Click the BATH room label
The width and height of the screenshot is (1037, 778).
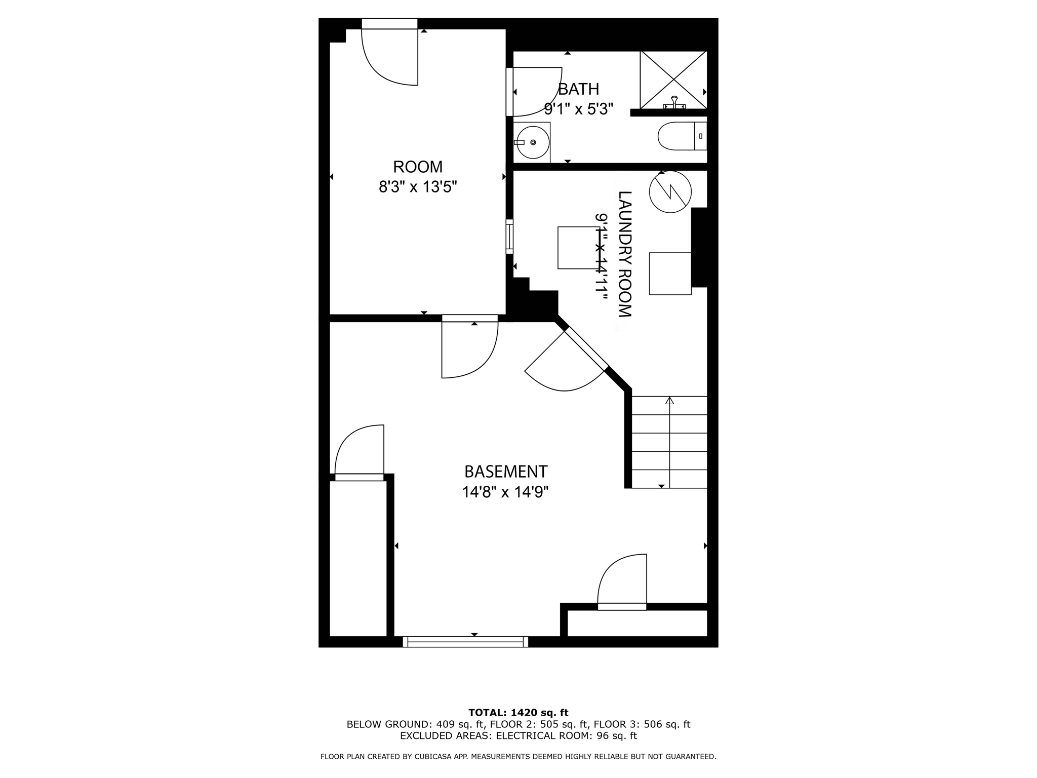coord(578,89)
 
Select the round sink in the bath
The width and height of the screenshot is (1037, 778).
coord(533,142)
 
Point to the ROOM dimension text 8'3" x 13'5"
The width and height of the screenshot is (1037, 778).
coord(418,187)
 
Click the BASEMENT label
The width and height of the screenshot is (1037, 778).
coord(506,472)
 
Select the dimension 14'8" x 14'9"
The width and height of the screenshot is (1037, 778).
coord(505,492)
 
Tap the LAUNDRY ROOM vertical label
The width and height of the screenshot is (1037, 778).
coord(625,254)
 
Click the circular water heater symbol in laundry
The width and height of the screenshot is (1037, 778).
coord(670,191)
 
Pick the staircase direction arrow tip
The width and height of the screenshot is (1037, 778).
coord(670,400)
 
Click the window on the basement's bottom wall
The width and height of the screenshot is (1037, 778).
coord(465,642)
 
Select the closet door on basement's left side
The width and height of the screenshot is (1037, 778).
coord(358,453)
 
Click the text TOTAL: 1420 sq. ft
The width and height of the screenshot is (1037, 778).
coord(518,713)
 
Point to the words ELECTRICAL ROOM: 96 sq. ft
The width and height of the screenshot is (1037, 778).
coord(566,736)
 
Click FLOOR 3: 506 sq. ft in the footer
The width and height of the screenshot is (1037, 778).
coord(642,724)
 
